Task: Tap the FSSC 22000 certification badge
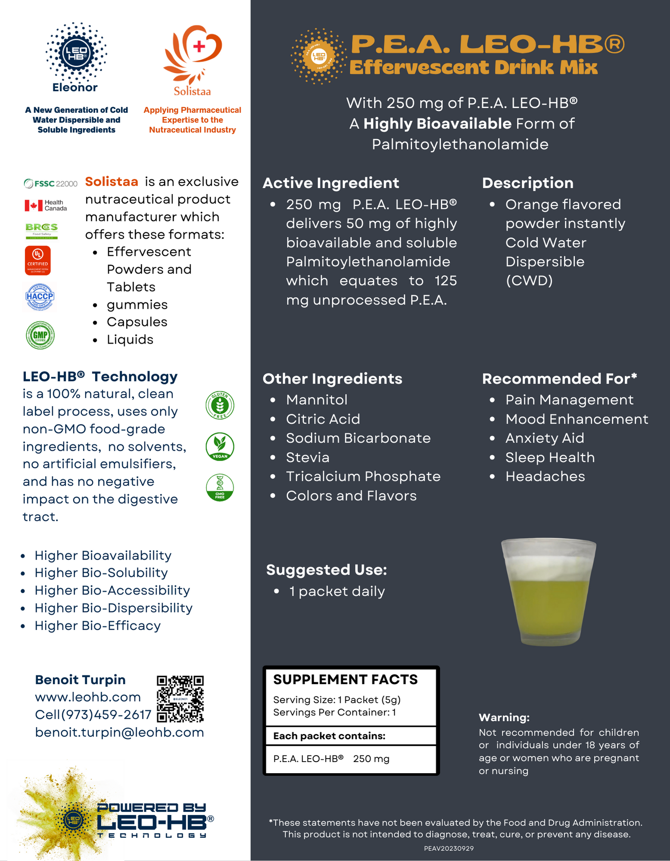click(51, 184)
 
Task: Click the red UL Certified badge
click(38, 260)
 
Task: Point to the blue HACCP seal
click(40, 297)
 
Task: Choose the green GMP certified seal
click(40, 335)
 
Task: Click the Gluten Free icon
click(220, 405)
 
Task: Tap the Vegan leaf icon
click(220, 446)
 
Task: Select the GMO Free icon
click(220, 487)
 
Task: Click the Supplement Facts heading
click(345, 679)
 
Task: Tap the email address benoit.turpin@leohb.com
click(119, 732)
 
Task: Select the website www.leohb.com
click(88, 697)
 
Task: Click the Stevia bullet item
click(308, 457)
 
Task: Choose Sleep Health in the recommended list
click(550, 457)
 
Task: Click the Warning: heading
click(504, 718)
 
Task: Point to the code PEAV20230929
click(449, 849)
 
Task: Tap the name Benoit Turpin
click(80, 679)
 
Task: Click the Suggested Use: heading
click(327, 570)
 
